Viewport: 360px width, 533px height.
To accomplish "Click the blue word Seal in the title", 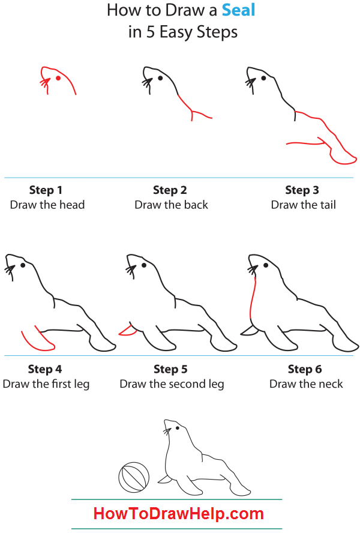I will (238, 10).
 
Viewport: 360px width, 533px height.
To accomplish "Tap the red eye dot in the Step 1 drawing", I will (58, 77).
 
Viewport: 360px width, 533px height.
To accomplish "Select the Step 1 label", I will (46, 190).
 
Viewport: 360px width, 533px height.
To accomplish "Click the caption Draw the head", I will (47, 205).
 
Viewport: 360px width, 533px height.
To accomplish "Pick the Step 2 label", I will (170, 190).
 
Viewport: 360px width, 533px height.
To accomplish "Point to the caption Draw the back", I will (171, 205).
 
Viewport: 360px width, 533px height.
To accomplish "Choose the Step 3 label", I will (302, 190).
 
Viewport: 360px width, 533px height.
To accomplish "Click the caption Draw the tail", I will (303, 205).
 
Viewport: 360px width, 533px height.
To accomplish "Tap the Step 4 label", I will (45, 369).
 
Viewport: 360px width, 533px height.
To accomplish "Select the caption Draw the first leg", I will (46, 384).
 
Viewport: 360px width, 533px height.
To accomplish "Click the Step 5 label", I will (170, 369).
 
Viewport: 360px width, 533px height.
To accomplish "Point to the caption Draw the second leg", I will (172, 384).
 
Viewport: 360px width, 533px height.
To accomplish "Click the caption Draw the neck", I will (306, 384).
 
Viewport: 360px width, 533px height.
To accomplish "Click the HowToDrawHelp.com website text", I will (178, 514).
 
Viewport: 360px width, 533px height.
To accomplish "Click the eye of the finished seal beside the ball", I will (178, 428).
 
